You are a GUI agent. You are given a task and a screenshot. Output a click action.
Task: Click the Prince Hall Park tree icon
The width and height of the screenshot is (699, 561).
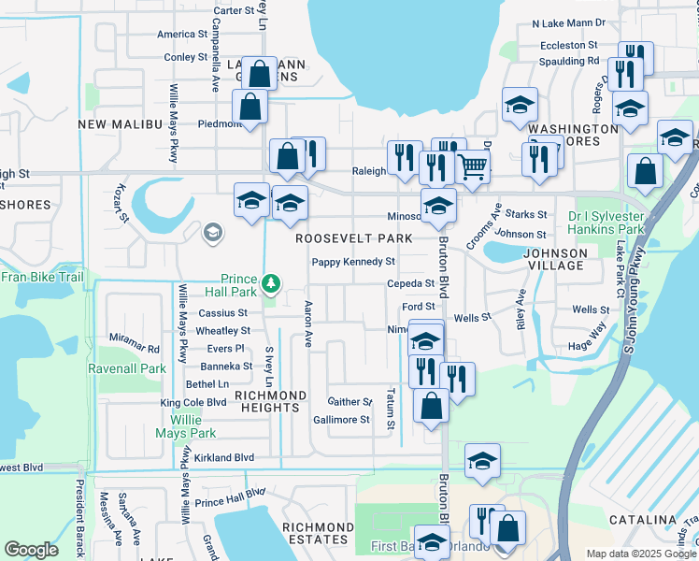click(270, 281)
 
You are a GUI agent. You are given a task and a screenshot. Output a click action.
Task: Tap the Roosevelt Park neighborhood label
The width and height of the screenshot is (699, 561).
click(354, 238)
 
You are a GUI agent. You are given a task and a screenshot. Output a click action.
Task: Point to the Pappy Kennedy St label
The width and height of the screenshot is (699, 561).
click(353, 262)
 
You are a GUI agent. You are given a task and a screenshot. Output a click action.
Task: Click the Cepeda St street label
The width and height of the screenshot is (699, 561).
click(411, 283)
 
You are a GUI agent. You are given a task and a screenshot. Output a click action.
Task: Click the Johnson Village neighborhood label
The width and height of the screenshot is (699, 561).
click(555, 259)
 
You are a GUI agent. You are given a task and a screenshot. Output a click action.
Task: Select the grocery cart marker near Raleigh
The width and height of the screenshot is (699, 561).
click(473, 166)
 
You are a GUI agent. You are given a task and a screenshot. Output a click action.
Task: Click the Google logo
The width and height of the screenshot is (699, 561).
click(31, 550)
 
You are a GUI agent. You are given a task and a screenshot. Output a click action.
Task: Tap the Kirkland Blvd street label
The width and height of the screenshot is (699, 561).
click(224, 458)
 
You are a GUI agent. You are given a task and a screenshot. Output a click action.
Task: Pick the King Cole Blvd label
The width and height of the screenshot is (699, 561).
click(193, 403)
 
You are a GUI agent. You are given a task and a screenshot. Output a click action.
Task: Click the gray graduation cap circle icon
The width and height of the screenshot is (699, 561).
click(213, 233)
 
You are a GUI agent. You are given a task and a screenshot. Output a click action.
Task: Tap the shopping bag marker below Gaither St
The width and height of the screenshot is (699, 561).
click(431, 406)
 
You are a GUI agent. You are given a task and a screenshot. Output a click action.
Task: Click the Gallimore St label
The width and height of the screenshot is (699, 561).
click(341, 420)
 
